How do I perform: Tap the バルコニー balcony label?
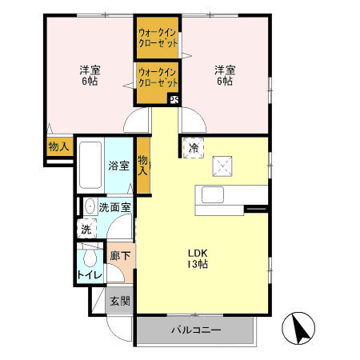(195, 330)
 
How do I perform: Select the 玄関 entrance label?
(120, 302)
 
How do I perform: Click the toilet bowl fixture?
(90, 259)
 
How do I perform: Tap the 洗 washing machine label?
(86, 229)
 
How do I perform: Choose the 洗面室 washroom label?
(114, 207)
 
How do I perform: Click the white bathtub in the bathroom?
(90, 166)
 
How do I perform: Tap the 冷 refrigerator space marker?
(194, 147)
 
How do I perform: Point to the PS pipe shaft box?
(174, 100)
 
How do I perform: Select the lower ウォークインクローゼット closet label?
(158, 77)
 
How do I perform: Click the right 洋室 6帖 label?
(223, 74)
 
